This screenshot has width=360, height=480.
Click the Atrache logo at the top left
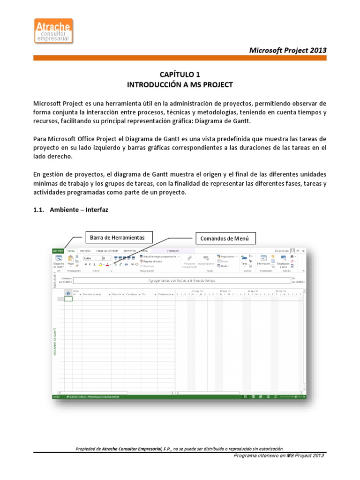[x=53, y=31]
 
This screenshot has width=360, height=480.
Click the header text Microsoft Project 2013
[x=287, y=50]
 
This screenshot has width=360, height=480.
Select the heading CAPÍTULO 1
[x=180, y=75]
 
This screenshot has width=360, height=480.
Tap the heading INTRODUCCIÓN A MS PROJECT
[x=180, y=85]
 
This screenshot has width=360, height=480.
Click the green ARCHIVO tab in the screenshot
[x=58, y=251]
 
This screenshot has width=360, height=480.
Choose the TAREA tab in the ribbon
[x=71, y=251]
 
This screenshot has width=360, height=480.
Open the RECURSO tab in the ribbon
[x=85, y=251]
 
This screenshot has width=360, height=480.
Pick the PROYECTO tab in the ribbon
[x=129, y=251]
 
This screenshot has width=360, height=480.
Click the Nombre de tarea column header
[x=93, y=294]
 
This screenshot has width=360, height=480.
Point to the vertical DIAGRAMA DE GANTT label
[x=55, y=342]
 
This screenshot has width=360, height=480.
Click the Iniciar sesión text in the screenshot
[x=282, y=251]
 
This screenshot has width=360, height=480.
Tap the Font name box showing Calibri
[x=91, y=258]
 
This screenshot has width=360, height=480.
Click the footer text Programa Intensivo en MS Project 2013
[x=278, y=456]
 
